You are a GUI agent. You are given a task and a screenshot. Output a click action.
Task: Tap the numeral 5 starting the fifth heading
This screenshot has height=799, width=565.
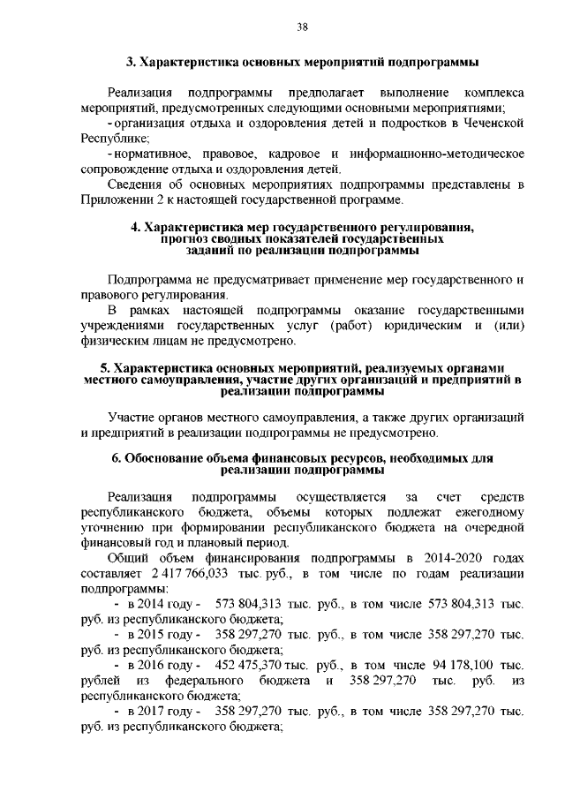(103, 368)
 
